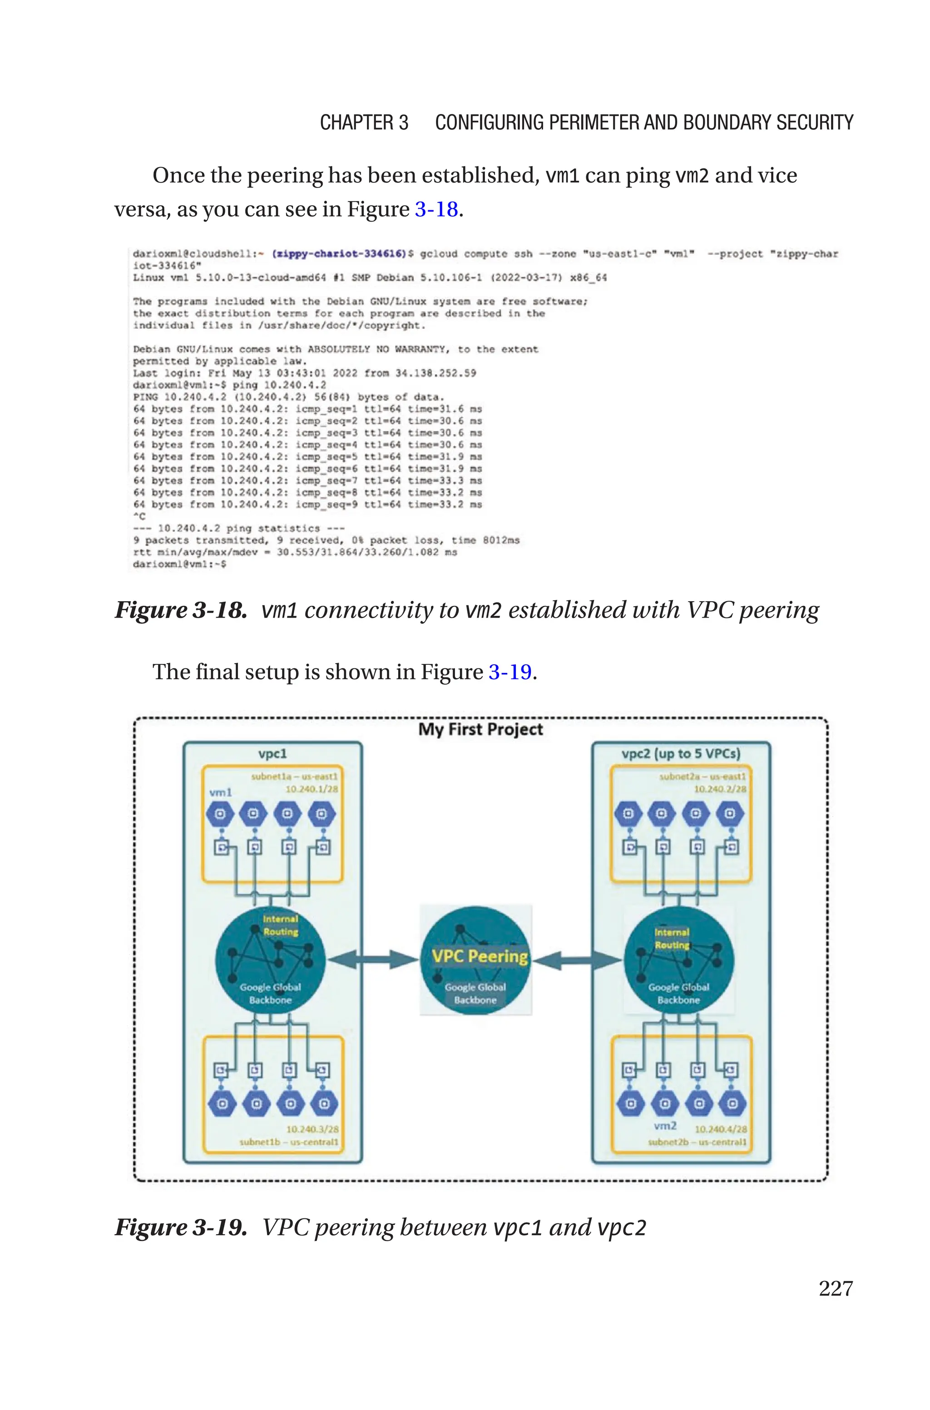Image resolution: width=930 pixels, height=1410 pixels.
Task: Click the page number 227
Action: tap(835, 1288)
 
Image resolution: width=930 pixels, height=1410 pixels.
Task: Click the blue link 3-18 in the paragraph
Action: tap(436, 209)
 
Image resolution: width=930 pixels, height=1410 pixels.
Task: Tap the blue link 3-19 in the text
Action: tap(510, 672)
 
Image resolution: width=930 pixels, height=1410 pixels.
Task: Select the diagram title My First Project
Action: tap(480, 729)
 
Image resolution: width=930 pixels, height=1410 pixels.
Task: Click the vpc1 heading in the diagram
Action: tap(272, 754)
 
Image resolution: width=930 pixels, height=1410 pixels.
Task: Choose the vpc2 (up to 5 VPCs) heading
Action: tap(680, 754)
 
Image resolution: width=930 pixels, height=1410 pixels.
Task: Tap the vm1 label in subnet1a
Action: tap(220, 792)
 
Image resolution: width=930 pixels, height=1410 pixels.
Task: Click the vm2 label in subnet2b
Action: tap(664, 1125)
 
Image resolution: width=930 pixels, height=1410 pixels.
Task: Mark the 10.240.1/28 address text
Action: tap(312, 789)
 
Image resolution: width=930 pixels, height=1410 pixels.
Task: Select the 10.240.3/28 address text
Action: tap(312, 1129)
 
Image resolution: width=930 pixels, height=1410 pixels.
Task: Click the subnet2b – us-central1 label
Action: tap(697, 1142)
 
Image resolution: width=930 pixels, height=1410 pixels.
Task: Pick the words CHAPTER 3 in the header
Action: tap(364, 123)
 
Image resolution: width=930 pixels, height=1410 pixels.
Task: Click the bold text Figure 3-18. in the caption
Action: tap(180, 610)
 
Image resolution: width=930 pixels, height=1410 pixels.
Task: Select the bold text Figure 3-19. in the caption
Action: tap(180, 1227)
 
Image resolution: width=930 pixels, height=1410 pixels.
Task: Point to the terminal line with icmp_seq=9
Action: tap(307, 505)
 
